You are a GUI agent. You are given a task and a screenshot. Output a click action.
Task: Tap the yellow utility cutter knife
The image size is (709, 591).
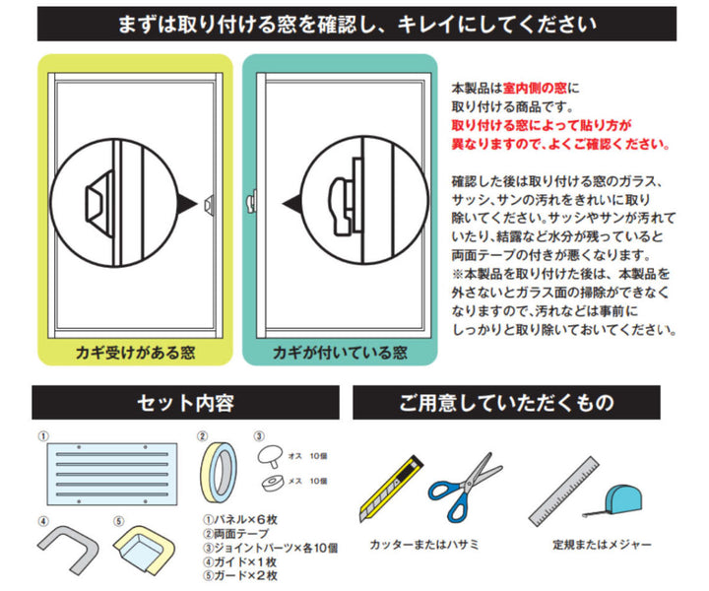click(391, 490)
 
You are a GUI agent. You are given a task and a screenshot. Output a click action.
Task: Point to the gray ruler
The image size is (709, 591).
click(563, 492)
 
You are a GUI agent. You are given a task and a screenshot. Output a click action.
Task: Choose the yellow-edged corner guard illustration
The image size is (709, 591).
click(144, 549)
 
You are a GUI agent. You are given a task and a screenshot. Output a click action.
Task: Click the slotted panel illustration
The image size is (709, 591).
click(112, 474)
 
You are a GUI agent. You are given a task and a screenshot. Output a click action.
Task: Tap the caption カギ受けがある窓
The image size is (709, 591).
click(135, 353)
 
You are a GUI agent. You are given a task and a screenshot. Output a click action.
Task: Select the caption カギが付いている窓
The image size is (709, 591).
click(340, 353)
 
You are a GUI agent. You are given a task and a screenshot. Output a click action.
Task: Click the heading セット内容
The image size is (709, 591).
click(185, 403)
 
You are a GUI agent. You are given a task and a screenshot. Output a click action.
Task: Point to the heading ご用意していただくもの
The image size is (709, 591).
click(506, 403)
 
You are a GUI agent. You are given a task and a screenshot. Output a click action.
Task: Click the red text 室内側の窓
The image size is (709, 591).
click(535, 88)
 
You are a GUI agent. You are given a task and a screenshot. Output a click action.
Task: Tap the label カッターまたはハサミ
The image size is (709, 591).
click(423, 544)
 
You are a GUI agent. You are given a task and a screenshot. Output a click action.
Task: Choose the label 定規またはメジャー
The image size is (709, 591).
click(602, 544)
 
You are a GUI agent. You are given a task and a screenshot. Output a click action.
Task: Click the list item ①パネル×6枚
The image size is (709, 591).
click(240, 519)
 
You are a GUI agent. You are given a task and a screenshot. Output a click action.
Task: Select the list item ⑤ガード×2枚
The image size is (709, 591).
click(240, 575)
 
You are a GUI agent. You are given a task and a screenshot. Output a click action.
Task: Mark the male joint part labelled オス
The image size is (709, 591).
click(271, 456)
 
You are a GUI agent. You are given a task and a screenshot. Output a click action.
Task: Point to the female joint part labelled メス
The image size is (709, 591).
click(273, 483)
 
